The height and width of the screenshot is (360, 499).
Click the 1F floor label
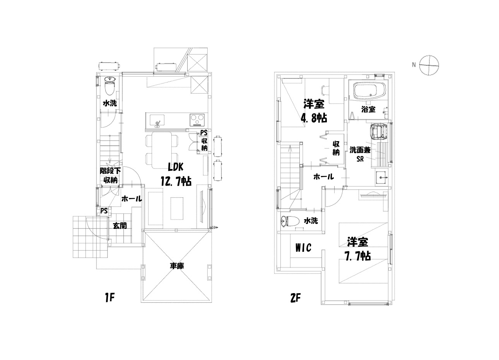pos(109,298)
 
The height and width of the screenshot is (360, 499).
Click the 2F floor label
pos(296,298)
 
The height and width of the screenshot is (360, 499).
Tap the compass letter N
pos(414,65)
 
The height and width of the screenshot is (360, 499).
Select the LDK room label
pos(176,167)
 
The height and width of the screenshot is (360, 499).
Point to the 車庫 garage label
pos(177,266)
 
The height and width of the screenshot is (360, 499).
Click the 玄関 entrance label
pos(120,226)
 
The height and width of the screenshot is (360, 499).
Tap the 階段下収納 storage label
pos(110,176)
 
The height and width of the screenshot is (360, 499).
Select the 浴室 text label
pos(369,109)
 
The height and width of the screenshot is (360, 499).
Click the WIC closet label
pos(303,247)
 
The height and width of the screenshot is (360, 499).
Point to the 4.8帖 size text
pos(314,118)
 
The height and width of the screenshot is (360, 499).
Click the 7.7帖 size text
pos(357,256)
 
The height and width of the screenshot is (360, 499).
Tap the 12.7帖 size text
pos(176,181)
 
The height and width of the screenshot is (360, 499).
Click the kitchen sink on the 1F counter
pos(157,120)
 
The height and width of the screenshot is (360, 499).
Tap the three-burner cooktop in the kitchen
pos(197,120)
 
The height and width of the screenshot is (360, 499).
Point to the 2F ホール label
pos(324,177)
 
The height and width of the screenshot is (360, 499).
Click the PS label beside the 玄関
pos(104,211)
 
